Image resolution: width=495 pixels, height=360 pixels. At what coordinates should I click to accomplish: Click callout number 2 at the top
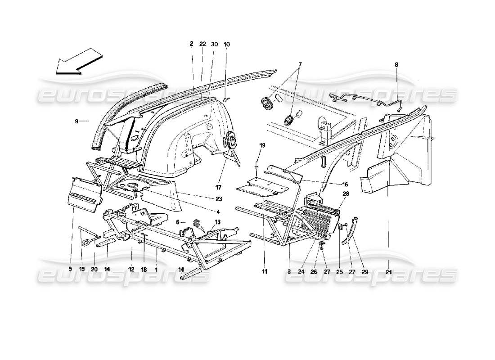(191, 44)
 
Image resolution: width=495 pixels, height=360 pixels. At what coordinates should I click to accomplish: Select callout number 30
(214, 44)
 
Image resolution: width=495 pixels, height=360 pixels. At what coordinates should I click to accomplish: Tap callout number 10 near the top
(227, 44)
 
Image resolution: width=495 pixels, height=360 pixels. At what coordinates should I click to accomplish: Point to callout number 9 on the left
(76, 121)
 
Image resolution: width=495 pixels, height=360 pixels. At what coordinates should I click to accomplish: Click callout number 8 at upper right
(396, 65)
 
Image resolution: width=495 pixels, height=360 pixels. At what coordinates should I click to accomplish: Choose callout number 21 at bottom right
(388, 271)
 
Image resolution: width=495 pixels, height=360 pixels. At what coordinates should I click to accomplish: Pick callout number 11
(265, 271)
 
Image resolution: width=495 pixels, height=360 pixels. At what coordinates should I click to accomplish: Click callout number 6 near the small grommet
(178, 222)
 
